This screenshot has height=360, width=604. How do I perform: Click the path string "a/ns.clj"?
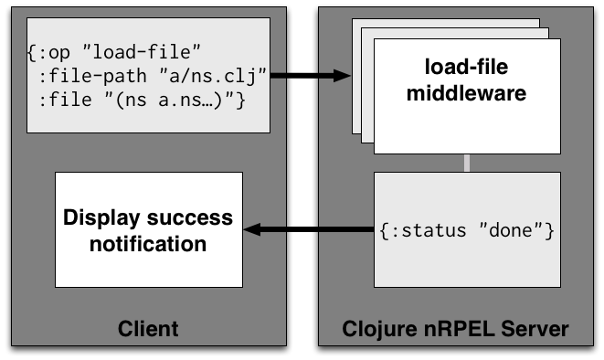(218, 74)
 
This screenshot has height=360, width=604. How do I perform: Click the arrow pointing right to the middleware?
(311, 75)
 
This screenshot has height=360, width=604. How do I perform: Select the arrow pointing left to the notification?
(311, 230)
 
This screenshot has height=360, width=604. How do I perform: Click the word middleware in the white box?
(467, 91)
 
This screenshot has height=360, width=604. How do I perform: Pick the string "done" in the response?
(517, 230)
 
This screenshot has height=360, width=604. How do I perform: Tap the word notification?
(147, 243)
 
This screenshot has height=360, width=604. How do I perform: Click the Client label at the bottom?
(148, 328)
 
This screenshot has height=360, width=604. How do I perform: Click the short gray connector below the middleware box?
(467, 163)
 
